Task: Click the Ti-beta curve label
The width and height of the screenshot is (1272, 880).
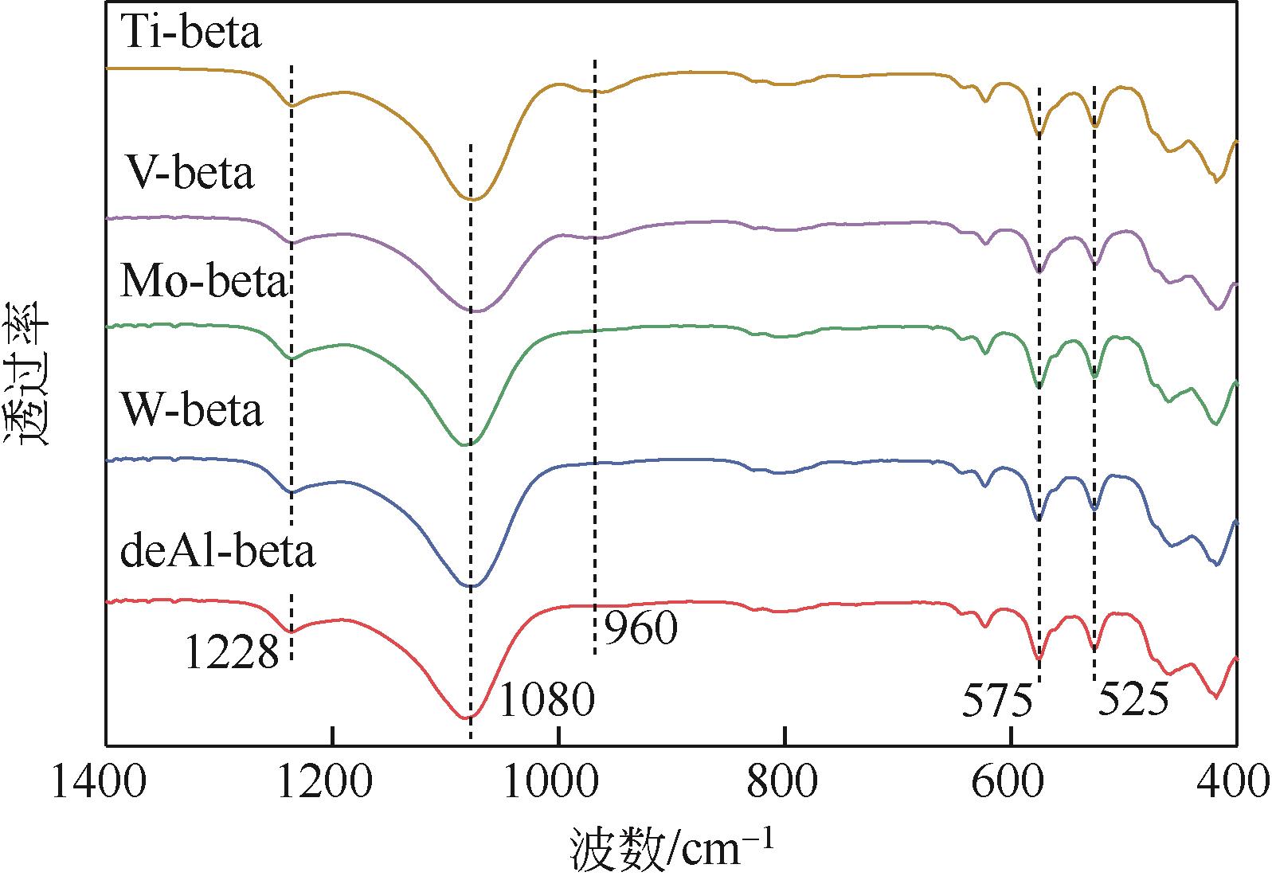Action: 191,34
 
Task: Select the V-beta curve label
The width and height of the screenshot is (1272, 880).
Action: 191,174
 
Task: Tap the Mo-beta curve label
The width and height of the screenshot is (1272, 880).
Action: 204,283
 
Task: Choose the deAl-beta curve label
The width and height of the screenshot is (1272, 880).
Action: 218,552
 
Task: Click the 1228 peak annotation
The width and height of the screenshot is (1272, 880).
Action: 232,654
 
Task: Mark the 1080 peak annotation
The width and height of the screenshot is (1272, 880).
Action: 546,701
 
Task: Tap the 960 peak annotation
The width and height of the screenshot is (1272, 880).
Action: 640,629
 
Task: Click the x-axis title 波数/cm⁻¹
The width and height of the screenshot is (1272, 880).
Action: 671,849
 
